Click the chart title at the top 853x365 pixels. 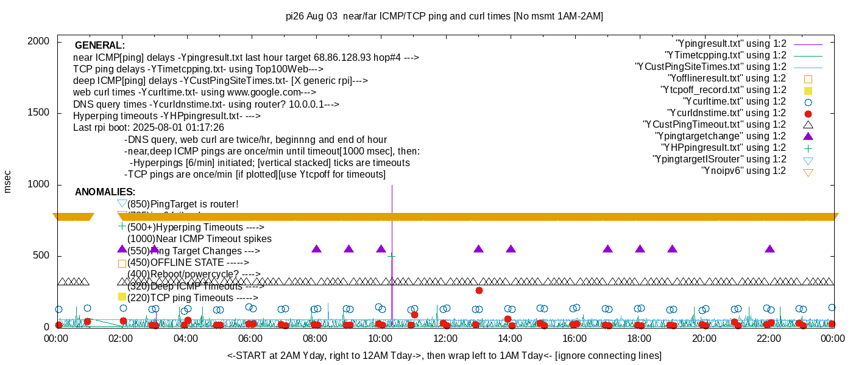[444, 16]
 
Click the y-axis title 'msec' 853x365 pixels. [8, 181]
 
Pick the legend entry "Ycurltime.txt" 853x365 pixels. [734, 102]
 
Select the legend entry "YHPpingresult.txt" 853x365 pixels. [723, 148]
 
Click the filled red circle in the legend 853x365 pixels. [808, 113]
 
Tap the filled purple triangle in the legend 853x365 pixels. [808, 136]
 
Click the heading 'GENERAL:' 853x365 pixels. [100, 46]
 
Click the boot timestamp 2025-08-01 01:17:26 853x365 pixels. [181, 128]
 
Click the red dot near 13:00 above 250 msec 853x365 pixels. [479, 290]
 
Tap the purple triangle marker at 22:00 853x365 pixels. [770, 249]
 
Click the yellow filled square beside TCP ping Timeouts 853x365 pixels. [122, 297]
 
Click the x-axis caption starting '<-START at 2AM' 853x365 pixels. [444, 355]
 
